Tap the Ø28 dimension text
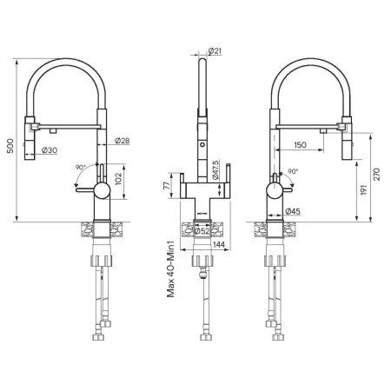coord(122,140)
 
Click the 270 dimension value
coord(375,174)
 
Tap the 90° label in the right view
coord(293,172)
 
